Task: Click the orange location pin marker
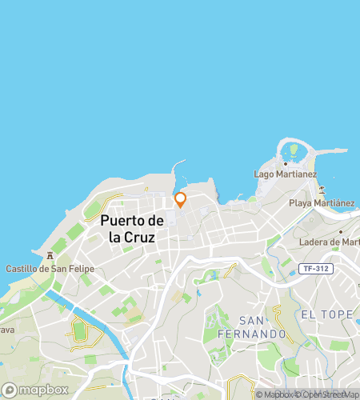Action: point(180,199)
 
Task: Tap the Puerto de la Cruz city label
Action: point(133,229)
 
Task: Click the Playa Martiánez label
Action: point(322,203)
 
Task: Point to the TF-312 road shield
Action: point(316,268)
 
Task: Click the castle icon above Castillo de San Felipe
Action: point(50,256)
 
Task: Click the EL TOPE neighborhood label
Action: point(326,314)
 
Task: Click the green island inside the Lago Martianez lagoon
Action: point(294,149)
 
